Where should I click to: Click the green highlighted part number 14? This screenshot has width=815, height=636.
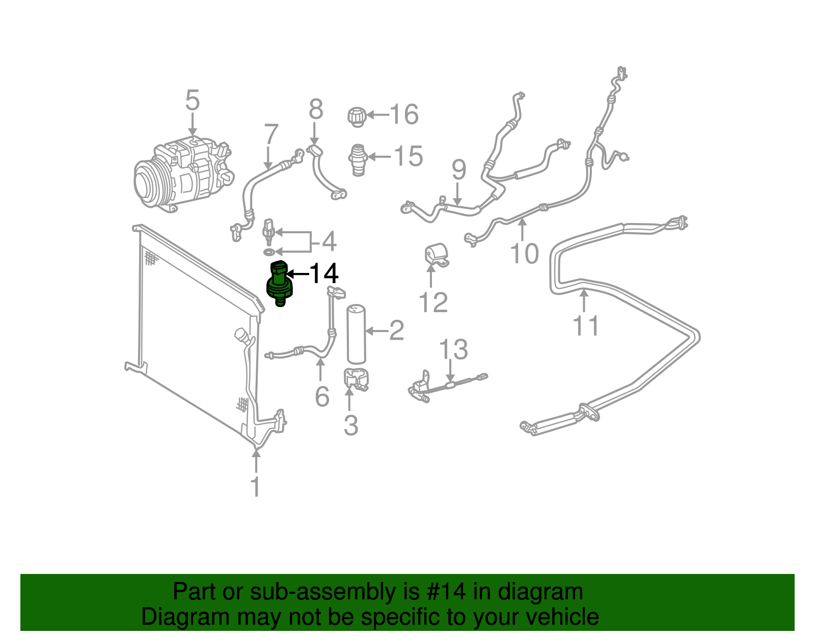coord(279,284)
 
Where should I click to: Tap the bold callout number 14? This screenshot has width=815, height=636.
coord(324,274)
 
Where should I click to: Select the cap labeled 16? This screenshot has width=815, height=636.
coord(357,117)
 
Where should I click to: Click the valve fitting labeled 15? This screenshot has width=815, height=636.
coord(358,159)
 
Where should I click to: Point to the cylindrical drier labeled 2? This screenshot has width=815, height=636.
coord(356,334)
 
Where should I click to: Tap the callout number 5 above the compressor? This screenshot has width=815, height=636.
coord(192,101)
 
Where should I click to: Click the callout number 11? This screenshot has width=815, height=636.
coord(585,325)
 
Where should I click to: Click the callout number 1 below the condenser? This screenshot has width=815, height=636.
coord(256,486)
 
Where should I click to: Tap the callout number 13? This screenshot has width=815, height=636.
coord(453,349)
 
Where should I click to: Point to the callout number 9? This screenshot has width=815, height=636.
coord(458,170)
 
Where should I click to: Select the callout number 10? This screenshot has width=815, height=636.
coord(524,253)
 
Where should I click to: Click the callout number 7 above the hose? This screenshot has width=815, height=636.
coord(271,135)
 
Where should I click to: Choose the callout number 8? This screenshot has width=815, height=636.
coord(316,109)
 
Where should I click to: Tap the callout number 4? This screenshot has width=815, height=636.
coord(329,241)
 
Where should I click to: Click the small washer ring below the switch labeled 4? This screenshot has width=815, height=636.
coord(268,252)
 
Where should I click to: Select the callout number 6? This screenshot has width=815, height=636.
coord(322,397)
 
